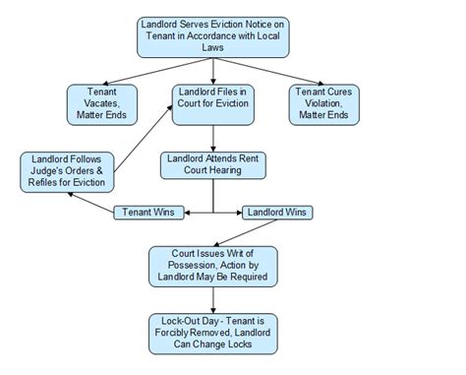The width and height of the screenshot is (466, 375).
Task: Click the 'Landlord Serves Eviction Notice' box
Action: [213, 36]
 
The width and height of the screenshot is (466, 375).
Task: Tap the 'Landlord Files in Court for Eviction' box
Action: [212, 103]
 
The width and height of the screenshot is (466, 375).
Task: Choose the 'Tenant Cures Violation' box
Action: [323, 103]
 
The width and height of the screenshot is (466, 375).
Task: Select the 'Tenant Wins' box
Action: [144, 212]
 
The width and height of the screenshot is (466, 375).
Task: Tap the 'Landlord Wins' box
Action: [276, 212]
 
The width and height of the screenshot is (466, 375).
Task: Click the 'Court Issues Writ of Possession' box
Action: [212, 265]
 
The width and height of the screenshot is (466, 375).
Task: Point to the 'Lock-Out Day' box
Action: [212, 333]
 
